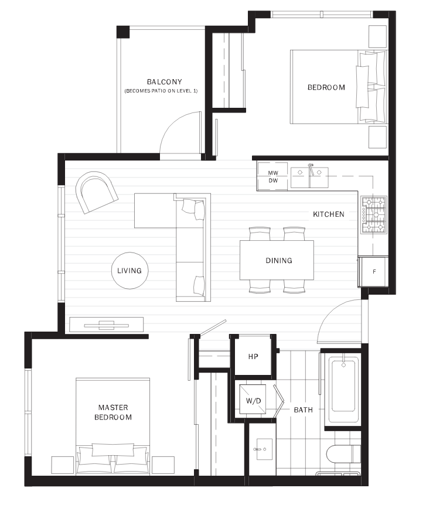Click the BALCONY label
(x=165, y=82)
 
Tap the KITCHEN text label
(x=328, y=214)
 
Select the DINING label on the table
(x=278, y=261)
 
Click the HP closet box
(x=253, y=356)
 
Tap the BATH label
(x=303, y=410)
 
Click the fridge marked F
(x=373, y=272)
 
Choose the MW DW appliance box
(x=272, y=177)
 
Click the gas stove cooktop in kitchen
(x=374, y=215)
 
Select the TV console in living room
(x=107, y=325)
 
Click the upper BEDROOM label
(x=326, y=88)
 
